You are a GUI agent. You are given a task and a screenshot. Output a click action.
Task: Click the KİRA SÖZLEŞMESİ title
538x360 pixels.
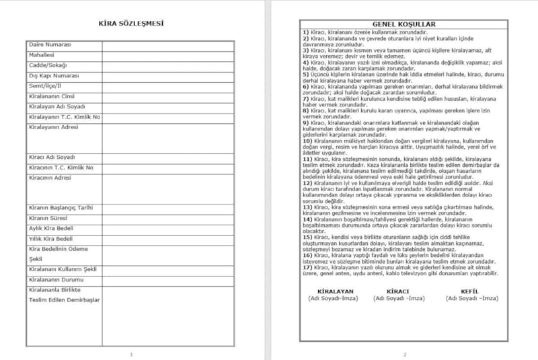[x=131, y=24]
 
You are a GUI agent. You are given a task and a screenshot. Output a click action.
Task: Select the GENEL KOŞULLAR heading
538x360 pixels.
[x=404, y=24]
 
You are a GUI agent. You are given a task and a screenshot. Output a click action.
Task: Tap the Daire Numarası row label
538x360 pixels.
[x=50, y=44]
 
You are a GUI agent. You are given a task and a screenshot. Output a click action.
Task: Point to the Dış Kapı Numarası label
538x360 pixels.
[x=54, y=76]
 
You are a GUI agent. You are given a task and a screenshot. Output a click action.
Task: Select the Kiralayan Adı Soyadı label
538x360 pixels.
[x=56, y=107]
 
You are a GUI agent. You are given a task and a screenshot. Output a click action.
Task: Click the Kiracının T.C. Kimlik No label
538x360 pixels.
[x=61, y=168]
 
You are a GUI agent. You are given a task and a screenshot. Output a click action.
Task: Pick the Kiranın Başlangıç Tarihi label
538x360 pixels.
[x=61, y=208]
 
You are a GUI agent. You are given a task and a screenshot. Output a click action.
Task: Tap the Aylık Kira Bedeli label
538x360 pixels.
[x=51, y=229]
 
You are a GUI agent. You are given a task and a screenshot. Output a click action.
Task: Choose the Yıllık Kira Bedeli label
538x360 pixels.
[x=51, y=239]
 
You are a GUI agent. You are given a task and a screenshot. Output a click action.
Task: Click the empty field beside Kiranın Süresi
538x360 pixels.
[x=168, y=219]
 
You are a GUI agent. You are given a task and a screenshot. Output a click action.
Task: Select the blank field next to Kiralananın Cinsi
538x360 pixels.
[x=168, y=96]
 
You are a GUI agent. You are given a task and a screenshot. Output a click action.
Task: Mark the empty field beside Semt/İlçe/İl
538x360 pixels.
[x=168, y=86]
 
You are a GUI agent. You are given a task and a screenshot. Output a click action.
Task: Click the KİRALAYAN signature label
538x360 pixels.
[x=330, y=291]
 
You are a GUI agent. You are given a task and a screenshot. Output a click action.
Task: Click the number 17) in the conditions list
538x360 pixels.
[x=306, y=267]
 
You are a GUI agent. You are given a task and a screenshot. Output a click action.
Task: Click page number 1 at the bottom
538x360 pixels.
[x=131, y=354]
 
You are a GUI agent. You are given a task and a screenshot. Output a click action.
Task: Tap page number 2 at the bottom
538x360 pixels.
[x=405, y=354]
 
